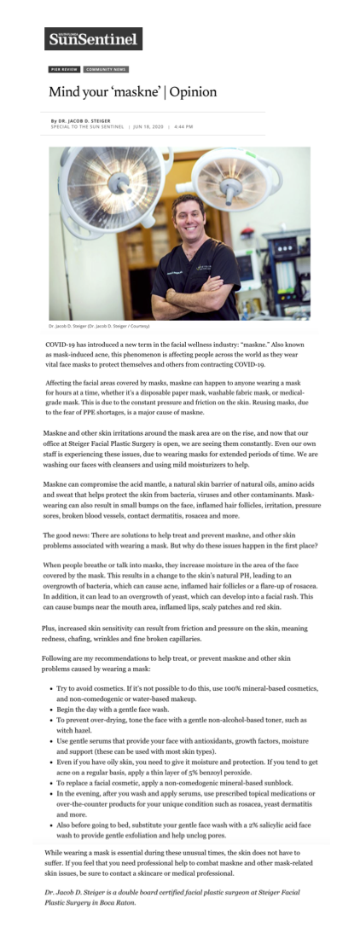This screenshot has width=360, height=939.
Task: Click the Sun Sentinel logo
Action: [93, 38]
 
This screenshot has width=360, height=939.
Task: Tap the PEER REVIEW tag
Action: [63, 69]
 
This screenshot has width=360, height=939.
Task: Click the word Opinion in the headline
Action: [192, 91]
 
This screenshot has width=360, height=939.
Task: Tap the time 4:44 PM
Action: [183, 126]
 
